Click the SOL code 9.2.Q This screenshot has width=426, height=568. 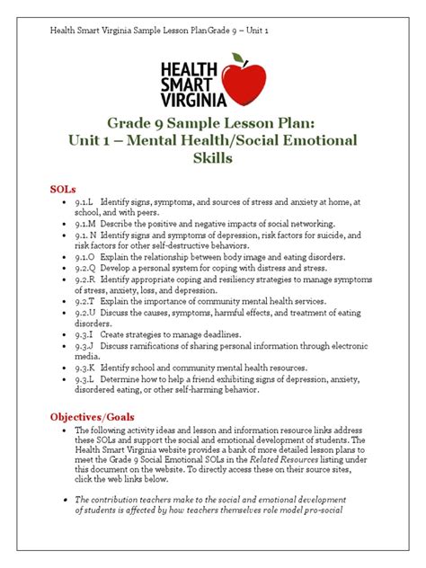86,268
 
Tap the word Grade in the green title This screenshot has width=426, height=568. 134,121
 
